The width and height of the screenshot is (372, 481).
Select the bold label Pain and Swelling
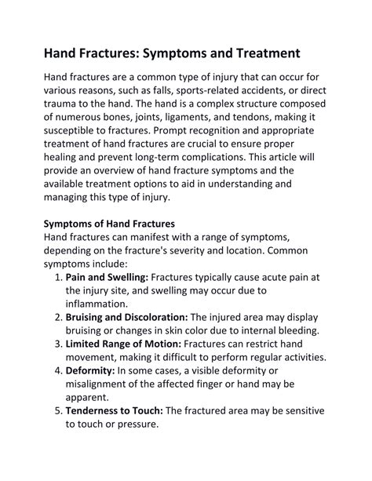[106, 277]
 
